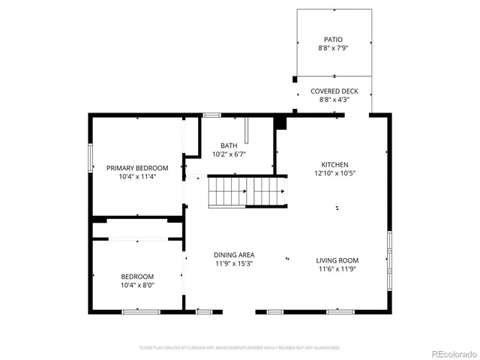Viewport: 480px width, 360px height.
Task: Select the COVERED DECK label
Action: tap(334, 91)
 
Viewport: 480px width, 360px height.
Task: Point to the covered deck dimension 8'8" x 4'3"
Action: tap(334, 100)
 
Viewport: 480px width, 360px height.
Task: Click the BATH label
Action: tap(229, 145)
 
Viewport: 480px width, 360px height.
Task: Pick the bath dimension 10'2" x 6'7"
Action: tap(229, 154)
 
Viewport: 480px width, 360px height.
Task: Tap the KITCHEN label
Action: tap(334, 164)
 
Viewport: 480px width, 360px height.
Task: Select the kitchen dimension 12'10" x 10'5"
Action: tap(334, 173)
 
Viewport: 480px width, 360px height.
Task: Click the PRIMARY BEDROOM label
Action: tap(137, 168)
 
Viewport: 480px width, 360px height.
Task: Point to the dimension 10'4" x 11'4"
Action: tap(137, 177)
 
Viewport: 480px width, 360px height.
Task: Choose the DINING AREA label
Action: tap(234, 255)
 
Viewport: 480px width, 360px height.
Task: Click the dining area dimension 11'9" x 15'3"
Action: tap(234, 264)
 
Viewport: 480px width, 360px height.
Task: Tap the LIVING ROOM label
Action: tap(337, 259)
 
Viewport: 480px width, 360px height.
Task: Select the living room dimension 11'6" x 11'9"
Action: tap(337, 268)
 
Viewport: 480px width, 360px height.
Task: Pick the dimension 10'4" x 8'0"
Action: tap(137, 285)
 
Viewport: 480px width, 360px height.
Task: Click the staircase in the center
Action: tap(247, 190)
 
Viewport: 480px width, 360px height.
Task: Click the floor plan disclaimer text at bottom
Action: tap(240, 348)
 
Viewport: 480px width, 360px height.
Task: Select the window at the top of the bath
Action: tap(212, 115)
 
